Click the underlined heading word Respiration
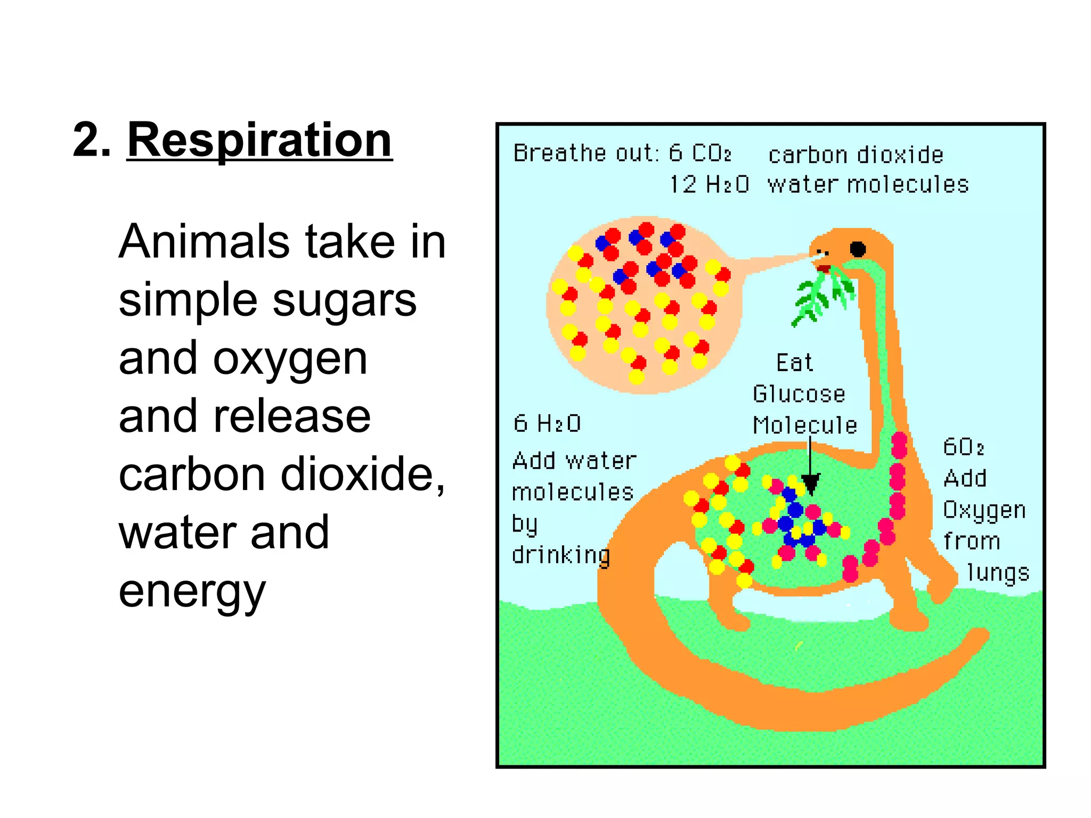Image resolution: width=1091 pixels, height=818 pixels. click(x=259, y=140)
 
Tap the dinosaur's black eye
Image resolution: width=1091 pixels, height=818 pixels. click(x=858, y=249)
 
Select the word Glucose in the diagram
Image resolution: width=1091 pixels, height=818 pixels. click(x=799, y=394)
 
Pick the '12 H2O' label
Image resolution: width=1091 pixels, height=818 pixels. click(x=709, y=185)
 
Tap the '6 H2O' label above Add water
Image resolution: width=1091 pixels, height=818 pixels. click(x=547, y=424)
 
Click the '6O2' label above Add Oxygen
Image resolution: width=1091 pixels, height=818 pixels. click(x=963, y=447)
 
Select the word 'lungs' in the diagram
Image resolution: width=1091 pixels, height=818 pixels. click(x=998, y=573)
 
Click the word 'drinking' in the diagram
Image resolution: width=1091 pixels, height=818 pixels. click(x=561, y=555)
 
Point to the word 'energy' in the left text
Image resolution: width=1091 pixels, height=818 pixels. click(x=192, y=592)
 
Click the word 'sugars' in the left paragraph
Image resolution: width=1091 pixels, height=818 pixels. click(x=345, y=300)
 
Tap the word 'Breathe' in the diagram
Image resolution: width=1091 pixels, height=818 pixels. click(x=559, y=153)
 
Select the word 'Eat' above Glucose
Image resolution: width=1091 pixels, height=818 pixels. click(x=794, y=363)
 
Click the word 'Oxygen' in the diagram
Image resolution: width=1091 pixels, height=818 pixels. click(x=984, y=510)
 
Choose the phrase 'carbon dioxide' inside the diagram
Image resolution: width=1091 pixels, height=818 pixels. click(x=856, y=155)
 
